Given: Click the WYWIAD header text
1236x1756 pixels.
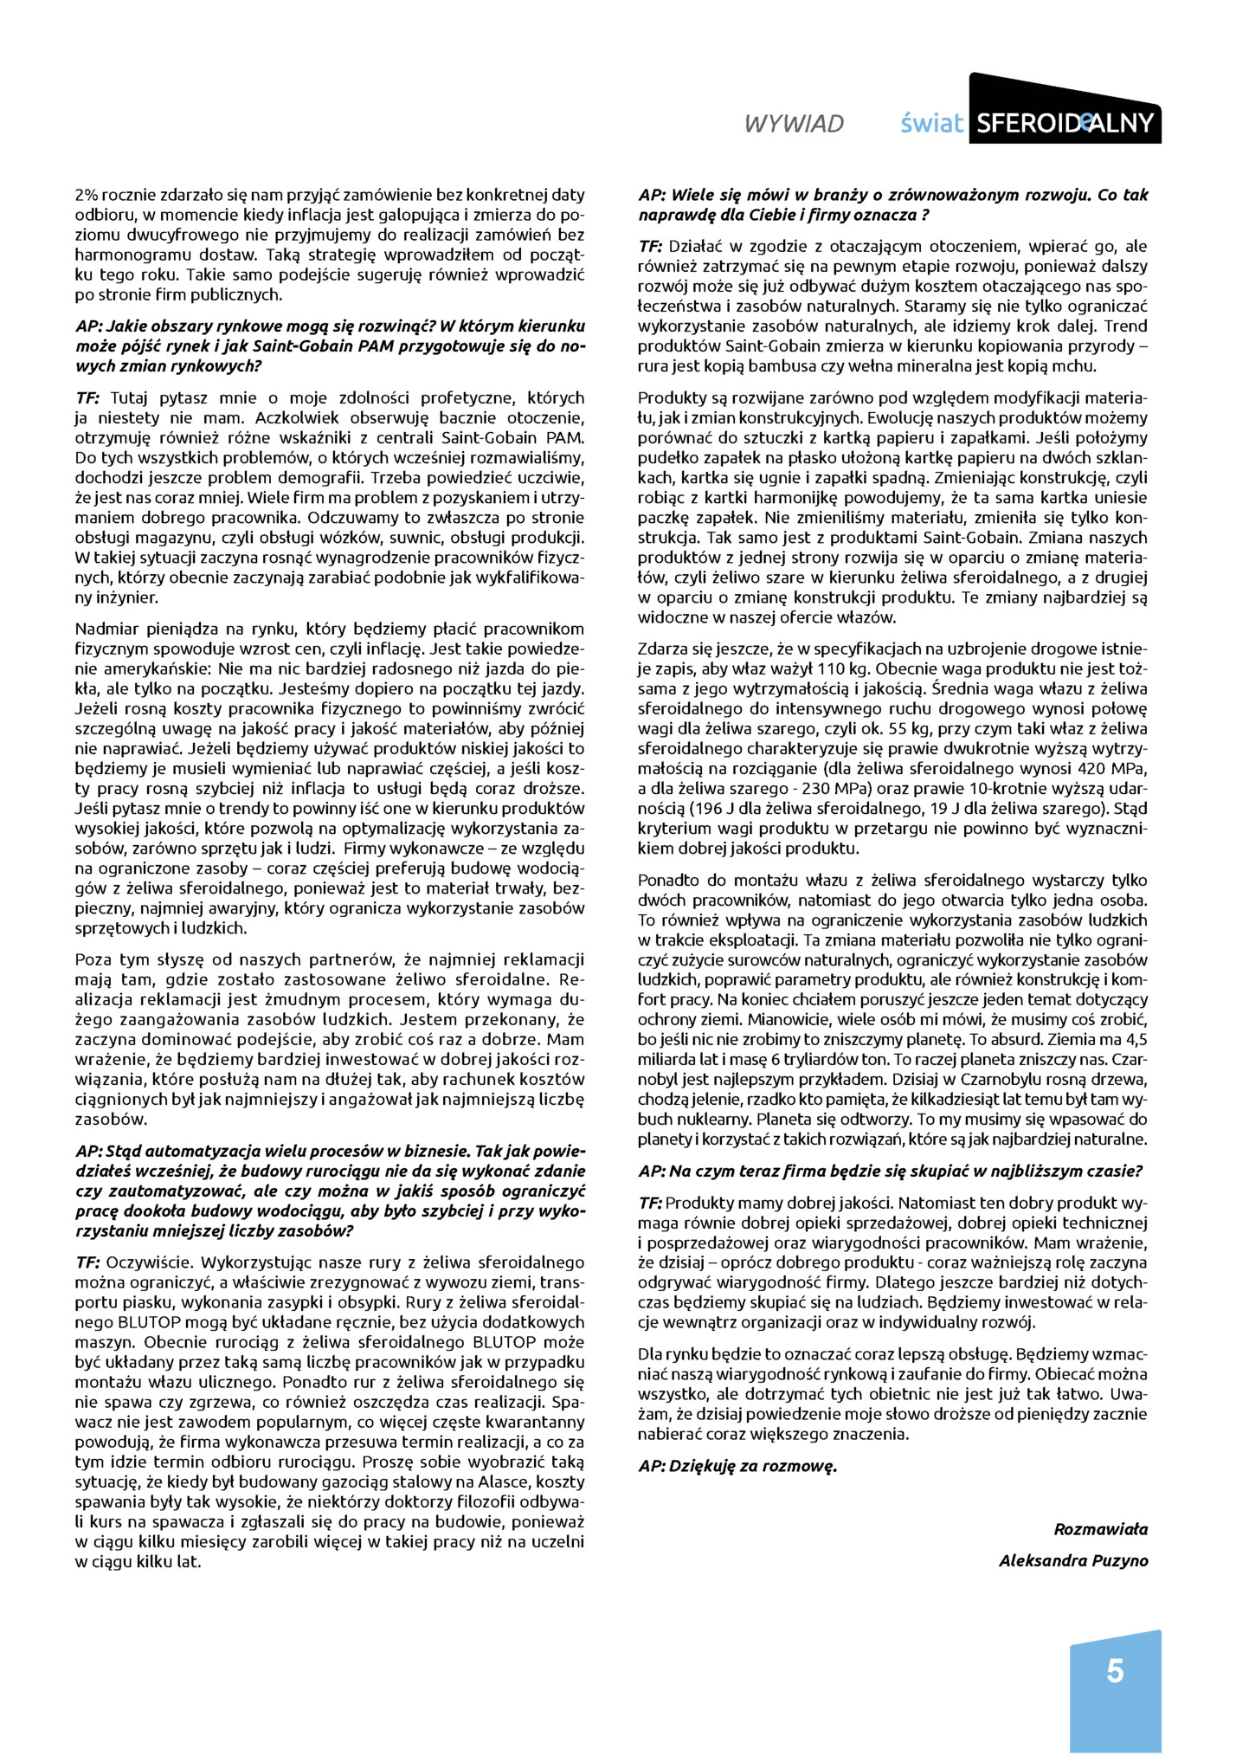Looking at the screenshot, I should point(793,125).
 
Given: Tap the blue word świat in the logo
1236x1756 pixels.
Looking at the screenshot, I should point(930,124).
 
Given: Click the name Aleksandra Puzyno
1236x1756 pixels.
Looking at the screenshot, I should point(1073,1560).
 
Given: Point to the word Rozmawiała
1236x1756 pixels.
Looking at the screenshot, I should point(1100,1528).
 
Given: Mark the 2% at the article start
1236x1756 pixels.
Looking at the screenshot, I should point(87,196).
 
